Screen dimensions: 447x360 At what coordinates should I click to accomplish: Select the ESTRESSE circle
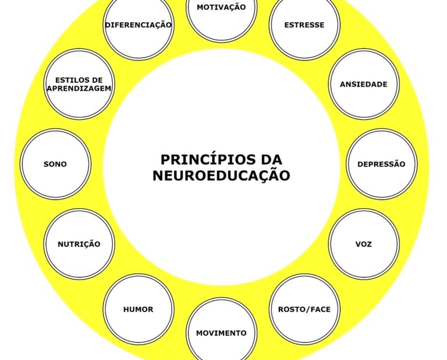(x=304, y=24)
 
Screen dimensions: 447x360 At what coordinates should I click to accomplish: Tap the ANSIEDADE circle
(x=364, y=84)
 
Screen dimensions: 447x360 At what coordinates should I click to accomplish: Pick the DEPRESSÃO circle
(x=382, y=164)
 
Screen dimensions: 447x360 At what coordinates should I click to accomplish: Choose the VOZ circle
(x=364, y=244)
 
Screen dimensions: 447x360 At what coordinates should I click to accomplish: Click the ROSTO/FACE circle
(x=304, y=309)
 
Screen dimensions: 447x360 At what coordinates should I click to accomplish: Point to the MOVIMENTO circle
(x=221, y=332)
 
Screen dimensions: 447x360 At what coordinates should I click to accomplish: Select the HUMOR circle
(x=139, y=309)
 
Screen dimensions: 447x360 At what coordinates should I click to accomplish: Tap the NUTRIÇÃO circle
(x=79, y=244)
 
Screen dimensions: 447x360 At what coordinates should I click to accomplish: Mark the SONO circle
(x=55, y=164)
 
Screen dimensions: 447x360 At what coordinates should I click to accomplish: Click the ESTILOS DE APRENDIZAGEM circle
(x=79, y=84)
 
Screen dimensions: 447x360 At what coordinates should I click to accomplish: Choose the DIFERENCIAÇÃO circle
(x=139, y=24)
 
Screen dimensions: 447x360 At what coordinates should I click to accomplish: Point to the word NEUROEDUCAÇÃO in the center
(x=221, y=175)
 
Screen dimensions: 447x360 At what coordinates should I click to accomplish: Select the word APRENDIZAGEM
(x=79, y=88)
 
